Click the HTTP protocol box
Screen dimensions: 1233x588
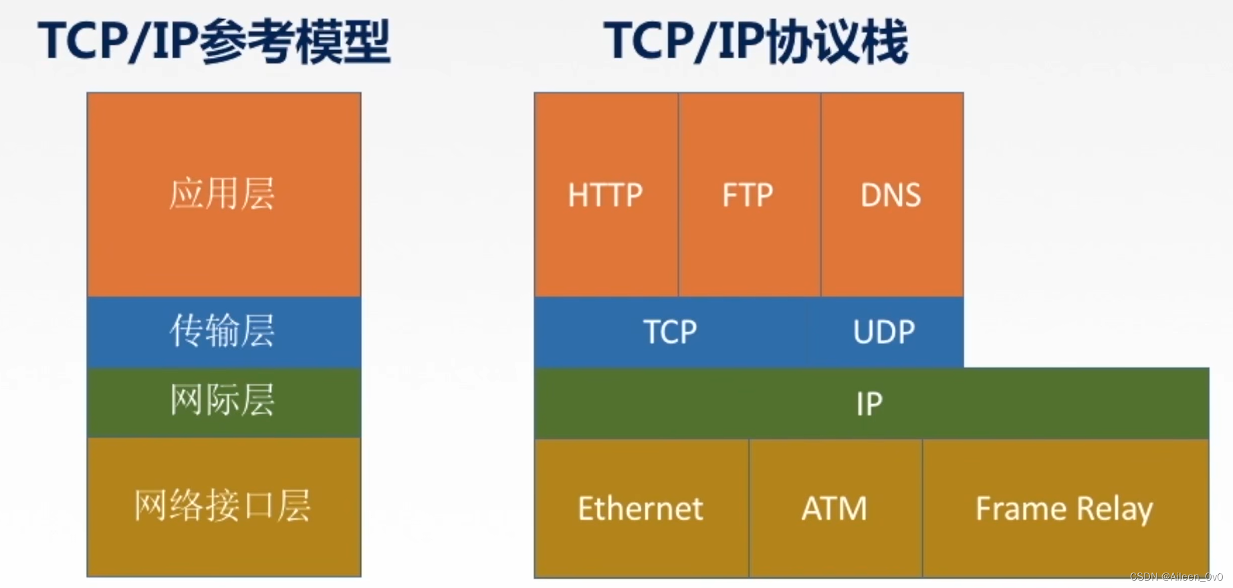click(x=606, y=195)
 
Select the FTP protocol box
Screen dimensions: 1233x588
click(x=750, y=195)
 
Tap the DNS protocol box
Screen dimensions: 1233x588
click(x=892, y=195)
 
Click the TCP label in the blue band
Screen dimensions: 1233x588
click(x=670, y=332)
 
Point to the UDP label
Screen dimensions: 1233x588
click(x=884, y=332)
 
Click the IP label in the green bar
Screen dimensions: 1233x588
click(x=869, y=404)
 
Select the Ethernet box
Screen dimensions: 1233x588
click(x=642, y=508)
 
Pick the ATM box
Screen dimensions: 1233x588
click(x=836, y=508)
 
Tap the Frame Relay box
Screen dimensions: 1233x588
click(x=1066, y=508)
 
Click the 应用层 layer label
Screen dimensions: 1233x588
click(x=222, y=194)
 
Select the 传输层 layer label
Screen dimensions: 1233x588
click(x=222, y=330)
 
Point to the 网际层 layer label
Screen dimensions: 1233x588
click(x=222, y=400)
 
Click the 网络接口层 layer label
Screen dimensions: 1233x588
click(x=223, y=505)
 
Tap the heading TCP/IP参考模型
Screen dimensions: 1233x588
click(x=214, y=41)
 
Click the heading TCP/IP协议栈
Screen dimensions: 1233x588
click(x=756, y=41)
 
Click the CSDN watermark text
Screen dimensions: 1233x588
click(x=1176, y=577)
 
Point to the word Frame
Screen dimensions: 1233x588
click(x=1021, y=508)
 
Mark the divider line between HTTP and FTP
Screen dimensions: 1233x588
click(x=678, y=195)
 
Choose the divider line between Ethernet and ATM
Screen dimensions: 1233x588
click(x=749, y=508)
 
